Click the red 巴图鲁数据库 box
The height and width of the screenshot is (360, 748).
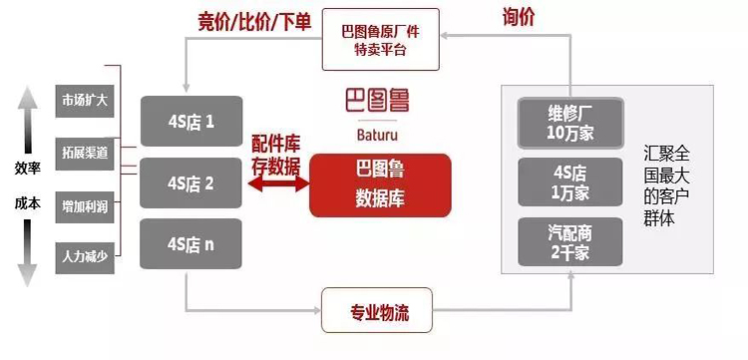tap(380, 185)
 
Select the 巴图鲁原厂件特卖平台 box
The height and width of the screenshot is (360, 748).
tap(381, 40)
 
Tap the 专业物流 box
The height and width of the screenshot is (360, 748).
tap(377, 310)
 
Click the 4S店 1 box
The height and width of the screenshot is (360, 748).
tap(191, 121)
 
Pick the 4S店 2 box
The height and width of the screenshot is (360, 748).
tap(190, 183)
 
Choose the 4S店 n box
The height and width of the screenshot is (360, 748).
tap(190, 243)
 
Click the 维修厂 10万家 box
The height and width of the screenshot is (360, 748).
tap(570, 123)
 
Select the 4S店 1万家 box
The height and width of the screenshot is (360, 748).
tap(570, 182)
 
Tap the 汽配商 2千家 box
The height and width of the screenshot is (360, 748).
tap(570, 241)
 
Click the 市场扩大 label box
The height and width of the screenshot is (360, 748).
tap(85, 101)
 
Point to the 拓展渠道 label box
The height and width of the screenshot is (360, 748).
tap(85, 154)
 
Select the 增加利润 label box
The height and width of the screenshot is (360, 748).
tap(85, 207)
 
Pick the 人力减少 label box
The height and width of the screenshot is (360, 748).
tap(85, 258)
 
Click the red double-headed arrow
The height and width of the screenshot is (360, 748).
tap(278, 184)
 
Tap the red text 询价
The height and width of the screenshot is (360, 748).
tap(519, 18)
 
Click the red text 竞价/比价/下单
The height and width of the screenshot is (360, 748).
tap(254, 22)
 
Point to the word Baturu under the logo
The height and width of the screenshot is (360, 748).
tap(377, 135)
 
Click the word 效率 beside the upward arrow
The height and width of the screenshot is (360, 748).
tap(27, 169)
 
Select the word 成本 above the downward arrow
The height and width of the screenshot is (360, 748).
tap(27, 203)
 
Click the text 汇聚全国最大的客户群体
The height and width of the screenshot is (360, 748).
tap(666, 186)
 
